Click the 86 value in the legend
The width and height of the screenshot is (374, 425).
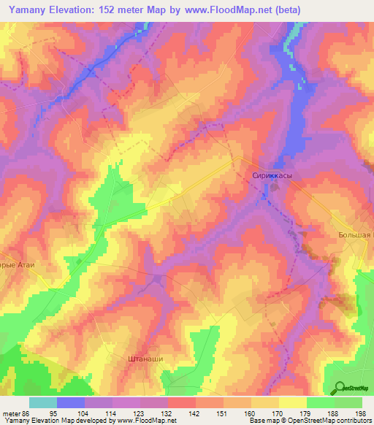tap(26, 413)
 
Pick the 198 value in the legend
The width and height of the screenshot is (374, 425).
tap(359, 413)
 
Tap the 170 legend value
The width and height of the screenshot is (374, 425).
tap(275, 413)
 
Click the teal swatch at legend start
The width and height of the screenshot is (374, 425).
tap(43, 402)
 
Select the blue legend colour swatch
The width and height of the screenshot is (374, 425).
tap(71, 402)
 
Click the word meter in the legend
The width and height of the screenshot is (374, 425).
tap(10, 413)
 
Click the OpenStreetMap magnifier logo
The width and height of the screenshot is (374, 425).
tap(339, 387)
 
